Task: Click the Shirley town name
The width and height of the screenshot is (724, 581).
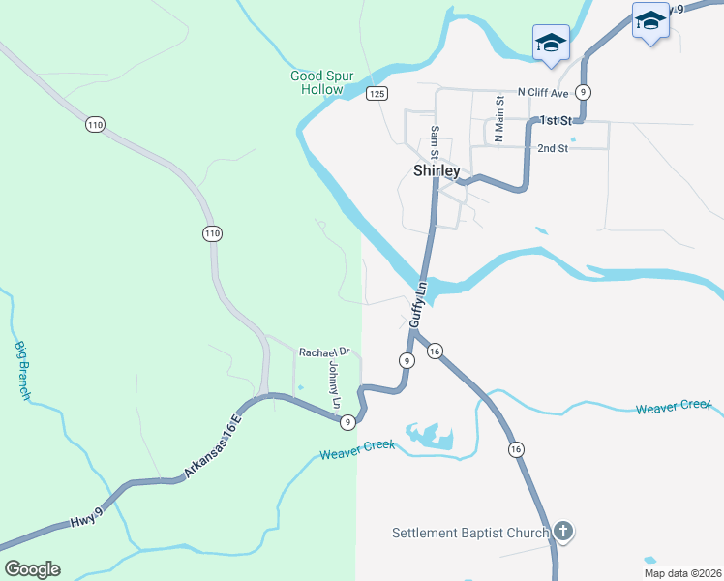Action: [x=437, y=170]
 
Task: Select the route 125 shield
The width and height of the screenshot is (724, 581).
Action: [x=377, y=93]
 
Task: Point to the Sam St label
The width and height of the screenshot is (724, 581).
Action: [x=436, y=142]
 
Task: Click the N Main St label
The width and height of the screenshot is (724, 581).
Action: [x=499, y=119]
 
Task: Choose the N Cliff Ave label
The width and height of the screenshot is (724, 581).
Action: [x=543, y=92]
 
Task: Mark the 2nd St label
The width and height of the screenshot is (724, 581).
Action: [x=553, y=148]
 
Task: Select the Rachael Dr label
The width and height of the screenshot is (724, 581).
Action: [x=323, y=352]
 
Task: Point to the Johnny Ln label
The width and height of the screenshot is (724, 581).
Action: [x=335, y=384]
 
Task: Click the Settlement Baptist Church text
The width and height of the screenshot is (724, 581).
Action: [x=470, y=533]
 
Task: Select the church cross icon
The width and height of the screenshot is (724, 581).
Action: [x=563, y=532]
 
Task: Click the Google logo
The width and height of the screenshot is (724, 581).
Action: [x=33, y=569]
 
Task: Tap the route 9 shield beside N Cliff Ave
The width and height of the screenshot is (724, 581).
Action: [x=583, y=92]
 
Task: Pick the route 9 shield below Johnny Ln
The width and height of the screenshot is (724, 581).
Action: [x=347, y=421]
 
